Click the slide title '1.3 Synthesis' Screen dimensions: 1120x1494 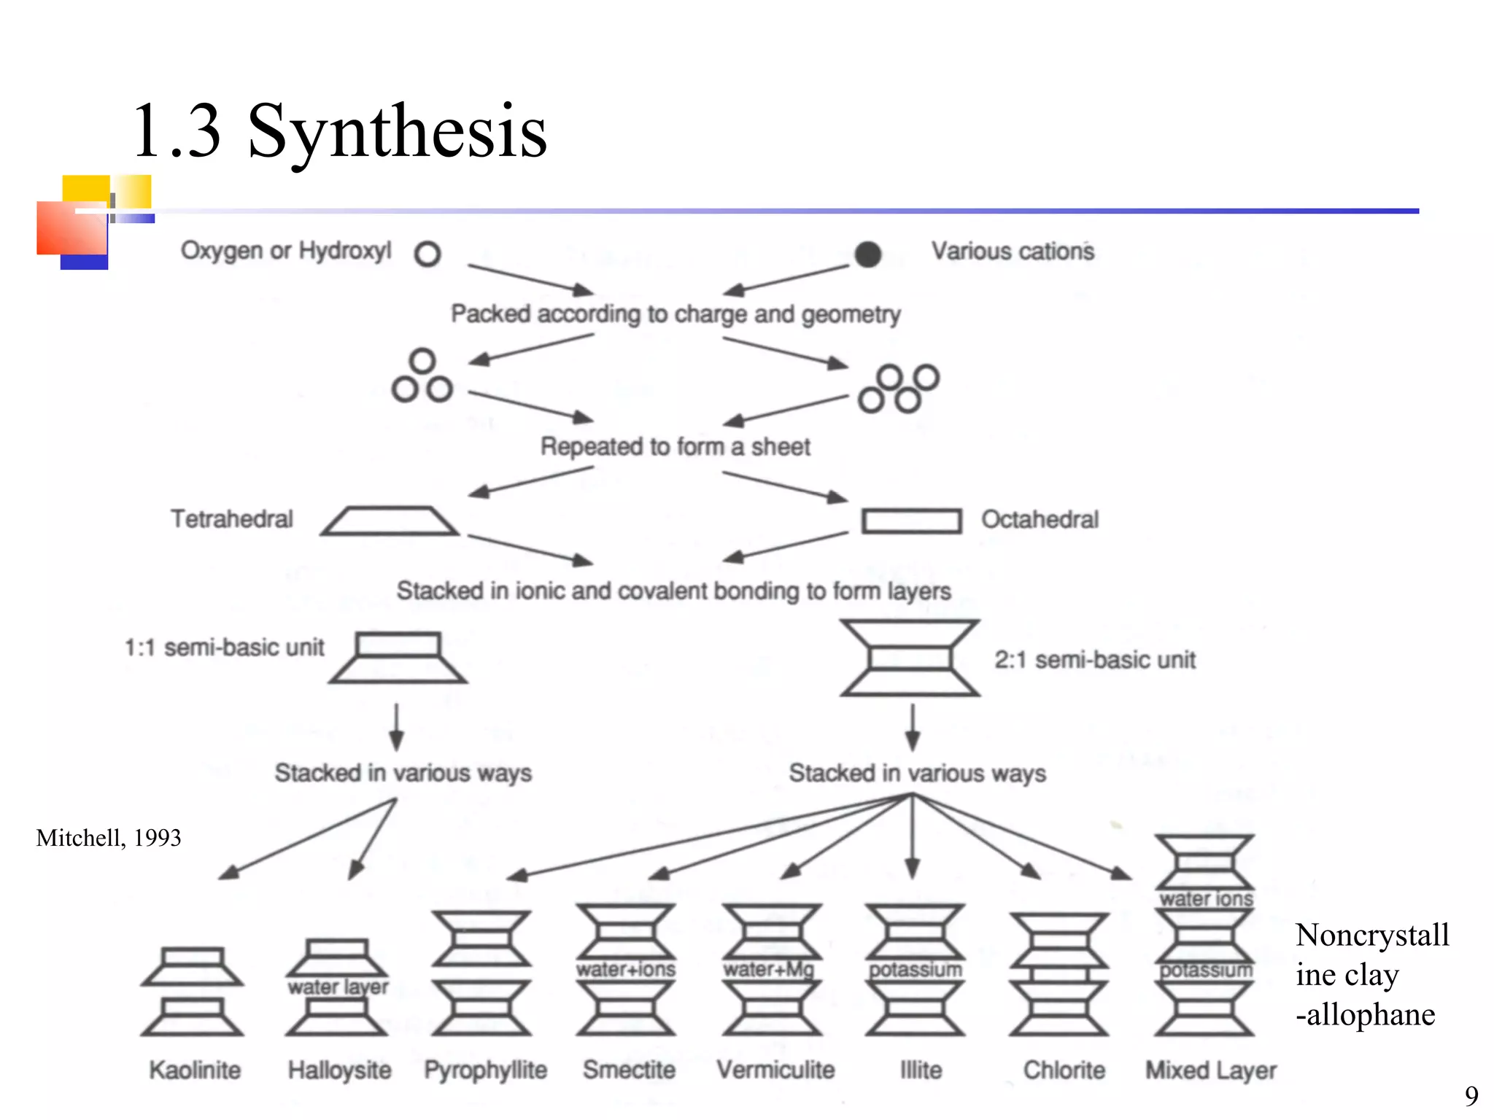[339, 131]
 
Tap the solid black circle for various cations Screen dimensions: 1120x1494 [867, 254]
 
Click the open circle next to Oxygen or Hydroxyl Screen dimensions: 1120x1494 [427, 254]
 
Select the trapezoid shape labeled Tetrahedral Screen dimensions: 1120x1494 [390, 521]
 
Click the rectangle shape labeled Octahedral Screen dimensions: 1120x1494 [911, 521]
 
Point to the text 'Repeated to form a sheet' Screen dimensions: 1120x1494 [675, 446]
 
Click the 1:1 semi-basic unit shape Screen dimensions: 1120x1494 [398, 657]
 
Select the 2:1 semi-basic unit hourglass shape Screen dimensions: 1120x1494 [910, 658]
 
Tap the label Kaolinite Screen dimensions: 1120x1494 [195, 1070]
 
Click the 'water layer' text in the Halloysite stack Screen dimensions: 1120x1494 [338, 987]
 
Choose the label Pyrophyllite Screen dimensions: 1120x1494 [486, 1070]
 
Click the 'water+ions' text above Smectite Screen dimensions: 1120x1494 [626, 969]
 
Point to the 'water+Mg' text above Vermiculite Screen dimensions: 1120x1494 [769, 969]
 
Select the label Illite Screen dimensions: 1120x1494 [921, 1070]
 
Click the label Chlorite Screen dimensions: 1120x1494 [1064, 1070]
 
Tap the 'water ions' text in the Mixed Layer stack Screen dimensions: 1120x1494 [1207, 899]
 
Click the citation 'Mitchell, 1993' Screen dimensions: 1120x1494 [109, 838]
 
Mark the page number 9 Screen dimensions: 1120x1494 [1471, 1096]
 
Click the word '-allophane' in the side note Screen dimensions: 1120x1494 [1365, 1014]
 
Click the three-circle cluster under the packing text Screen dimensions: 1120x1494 [422, 376]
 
